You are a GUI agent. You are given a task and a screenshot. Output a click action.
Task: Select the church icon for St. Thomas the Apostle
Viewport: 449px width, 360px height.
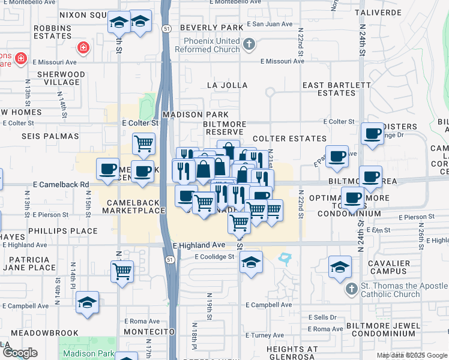tap(352, 289)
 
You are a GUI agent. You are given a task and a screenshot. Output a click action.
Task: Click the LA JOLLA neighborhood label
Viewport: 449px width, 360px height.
tap(227, 85)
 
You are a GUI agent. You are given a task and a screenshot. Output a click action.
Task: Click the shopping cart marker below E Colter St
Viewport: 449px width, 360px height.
tap(143, 143)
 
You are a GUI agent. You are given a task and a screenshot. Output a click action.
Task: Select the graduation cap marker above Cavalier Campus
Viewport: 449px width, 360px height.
tap(340, 266)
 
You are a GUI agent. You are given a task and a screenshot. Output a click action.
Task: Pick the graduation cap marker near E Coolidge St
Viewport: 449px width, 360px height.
tap(251, 262)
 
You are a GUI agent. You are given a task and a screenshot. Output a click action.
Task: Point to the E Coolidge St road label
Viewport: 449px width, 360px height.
tap(214, 257)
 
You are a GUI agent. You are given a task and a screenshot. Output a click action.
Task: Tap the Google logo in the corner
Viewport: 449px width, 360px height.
tap(20, 353)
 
